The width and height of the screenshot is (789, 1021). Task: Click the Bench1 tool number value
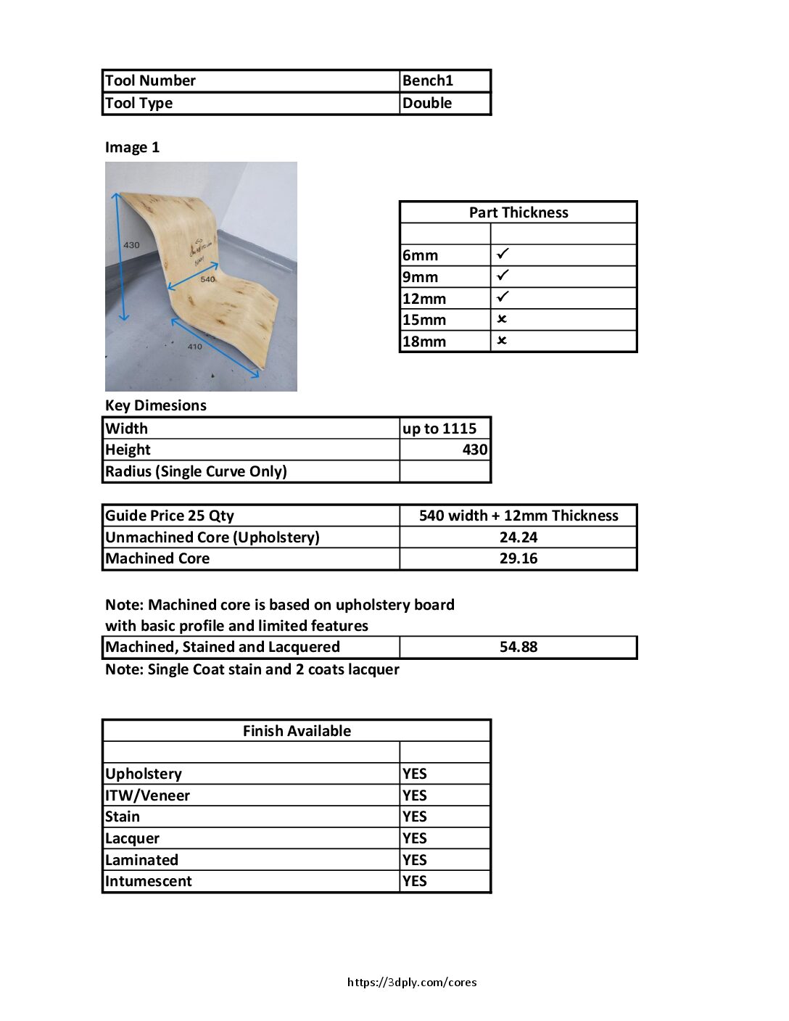[427, 80]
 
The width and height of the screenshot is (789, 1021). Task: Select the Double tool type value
[426, 103]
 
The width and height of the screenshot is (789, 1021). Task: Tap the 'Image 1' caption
[132, 147]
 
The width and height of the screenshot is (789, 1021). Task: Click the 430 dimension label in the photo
[131, 245]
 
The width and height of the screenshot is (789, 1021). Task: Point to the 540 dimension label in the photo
[207, 279]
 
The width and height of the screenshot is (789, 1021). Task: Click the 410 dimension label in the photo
[195, 347]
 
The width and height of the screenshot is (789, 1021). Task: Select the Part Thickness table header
[518, 212]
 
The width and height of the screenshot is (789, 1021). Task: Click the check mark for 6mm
[503, 254]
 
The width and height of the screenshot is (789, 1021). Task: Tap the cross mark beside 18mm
[502, 341]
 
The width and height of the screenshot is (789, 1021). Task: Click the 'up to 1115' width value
[439, 429]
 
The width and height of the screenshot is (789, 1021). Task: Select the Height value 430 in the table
[474, 450]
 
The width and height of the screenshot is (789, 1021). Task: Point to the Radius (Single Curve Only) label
[196, 471]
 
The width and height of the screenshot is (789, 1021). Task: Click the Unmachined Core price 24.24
[518, 537]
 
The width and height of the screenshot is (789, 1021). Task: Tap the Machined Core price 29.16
[518, 558]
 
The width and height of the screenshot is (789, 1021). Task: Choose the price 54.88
[518, 647]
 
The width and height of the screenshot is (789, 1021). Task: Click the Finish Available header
[297, 731]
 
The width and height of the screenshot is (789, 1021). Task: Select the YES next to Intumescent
[414, 881]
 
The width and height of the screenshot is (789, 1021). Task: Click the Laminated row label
[141, 860]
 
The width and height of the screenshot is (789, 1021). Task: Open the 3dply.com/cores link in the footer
[412, 983]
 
